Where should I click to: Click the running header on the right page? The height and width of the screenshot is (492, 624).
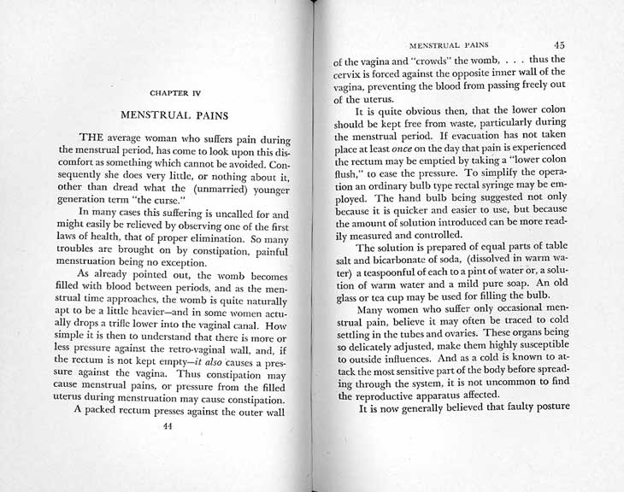click(450, 44)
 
